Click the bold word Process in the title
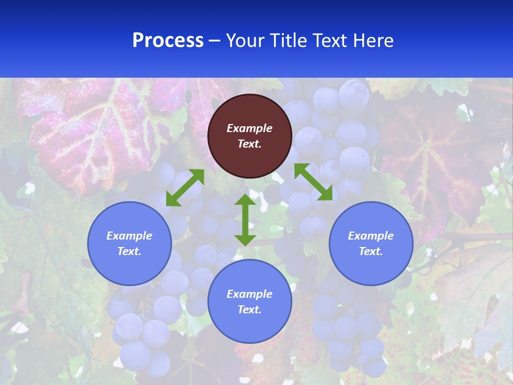pyautogui.click(x=168, y=41)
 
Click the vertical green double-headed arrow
pyautogui.click(x=245, y=220)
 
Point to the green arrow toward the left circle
pyautogui.click(x=185, y=188)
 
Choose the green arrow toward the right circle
pyautogui.click(x=313, y=182)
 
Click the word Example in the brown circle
pyautogui.click(x=250, y=128)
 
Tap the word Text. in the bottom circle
pyautogui.click(x=250, y=310)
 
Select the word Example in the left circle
pyautogui.click(x=129, y=236)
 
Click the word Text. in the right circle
pyautogui.click(x=371, y=251)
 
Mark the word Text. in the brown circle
pyautogui.click(x=250, y=144)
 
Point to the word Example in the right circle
pyautogui.click(x=371, y=236)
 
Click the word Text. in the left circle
pyautogui.click(x=129, y=251)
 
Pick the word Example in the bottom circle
pyautogui.click(x=250, y=294)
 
